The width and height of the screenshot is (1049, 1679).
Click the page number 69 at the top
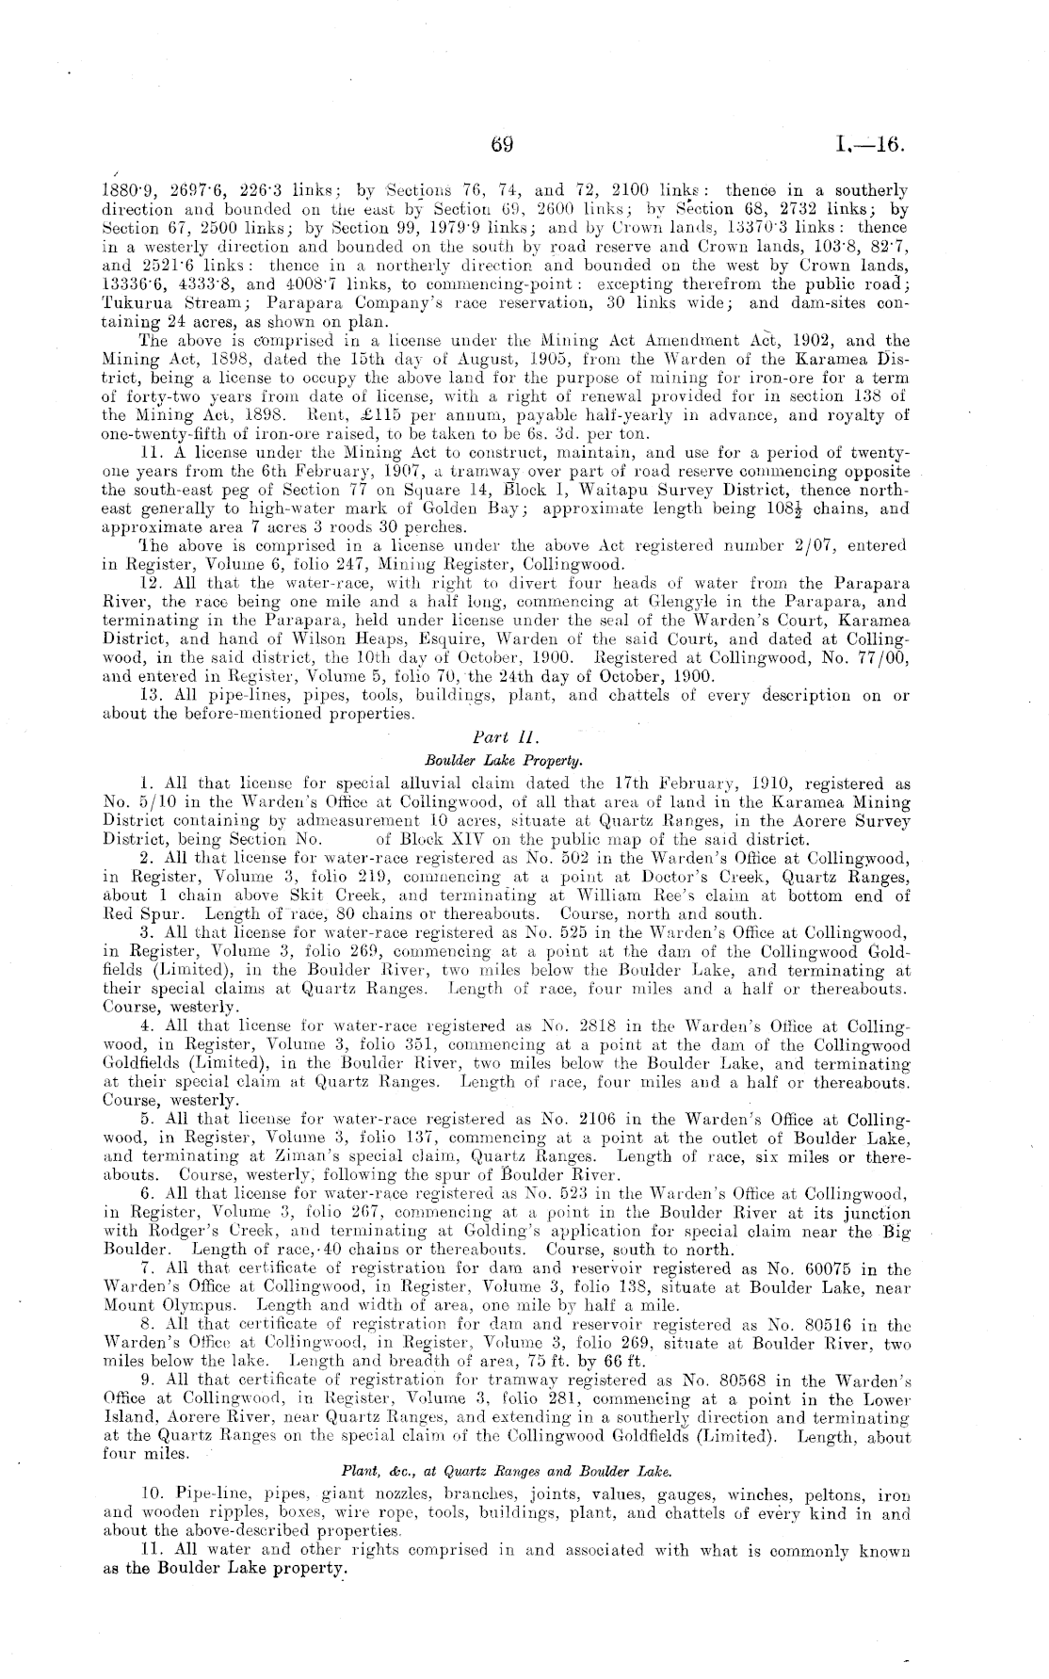tap(501, 145)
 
